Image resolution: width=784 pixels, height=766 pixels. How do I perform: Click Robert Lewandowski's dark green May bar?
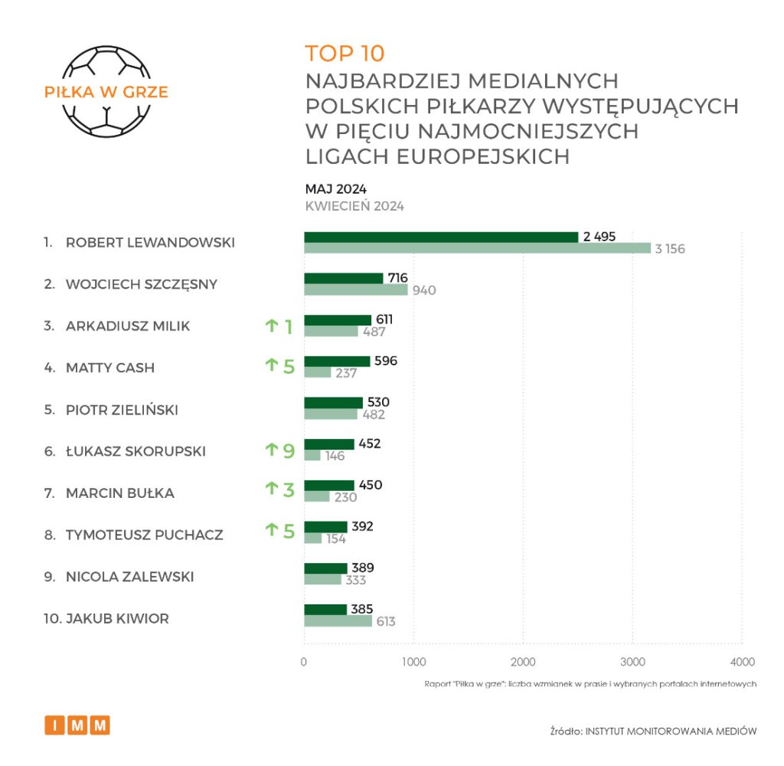pos(441,237)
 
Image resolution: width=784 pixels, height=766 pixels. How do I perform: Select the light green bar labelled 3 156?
pos(477,248)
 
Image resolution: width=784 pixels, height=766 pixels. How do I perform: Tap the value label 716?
pos(397,277)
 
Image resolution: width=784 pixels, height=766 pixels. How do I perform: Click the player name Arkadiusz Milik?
pos(128,326)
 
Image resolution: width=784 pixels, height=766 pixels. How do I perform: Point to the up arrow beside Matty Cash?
pos(271,366)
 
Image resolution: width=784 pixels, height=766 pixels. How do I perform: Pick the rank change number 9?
pos(289,450)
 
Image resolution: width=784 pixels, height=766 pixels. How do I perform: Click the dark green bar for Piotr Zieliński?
pos(333,403)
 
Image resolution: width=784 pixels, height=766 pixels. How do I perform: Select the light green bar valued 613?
pos(338,621)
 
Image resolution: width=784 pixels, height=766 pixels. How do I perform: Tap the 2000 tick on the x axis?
pos(523,662)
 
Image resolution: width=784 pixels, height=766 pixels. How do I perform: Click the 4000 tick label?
pos(742,662)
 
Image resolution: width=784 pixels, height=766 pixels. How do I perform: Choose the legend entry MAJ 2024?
pos(335,189)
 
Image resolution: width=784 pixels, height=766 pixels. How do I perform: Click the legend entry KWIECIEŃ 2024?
pos(354,206)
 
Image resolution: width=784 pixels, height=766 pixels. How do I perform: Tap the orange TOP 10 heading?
pos(345,54)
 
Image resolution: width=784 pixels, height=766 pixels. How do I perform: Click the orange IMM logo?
pos(77,725)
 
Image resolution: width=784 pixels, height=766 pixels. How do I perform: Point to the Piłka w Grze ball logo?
pos(106,92)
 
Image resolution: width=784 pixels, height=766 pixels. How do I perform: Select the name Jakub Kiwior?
pos(117,618)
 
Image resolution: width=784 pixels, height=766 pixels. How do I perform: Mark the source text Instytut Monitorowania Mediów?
pos(671,731)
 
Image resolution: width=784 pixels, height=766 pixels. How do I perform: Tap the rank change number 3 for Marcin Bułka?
pos(289,489)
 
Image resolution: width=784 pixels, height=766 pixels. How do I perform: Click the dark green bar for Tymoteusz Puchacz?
pos(325,527)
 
